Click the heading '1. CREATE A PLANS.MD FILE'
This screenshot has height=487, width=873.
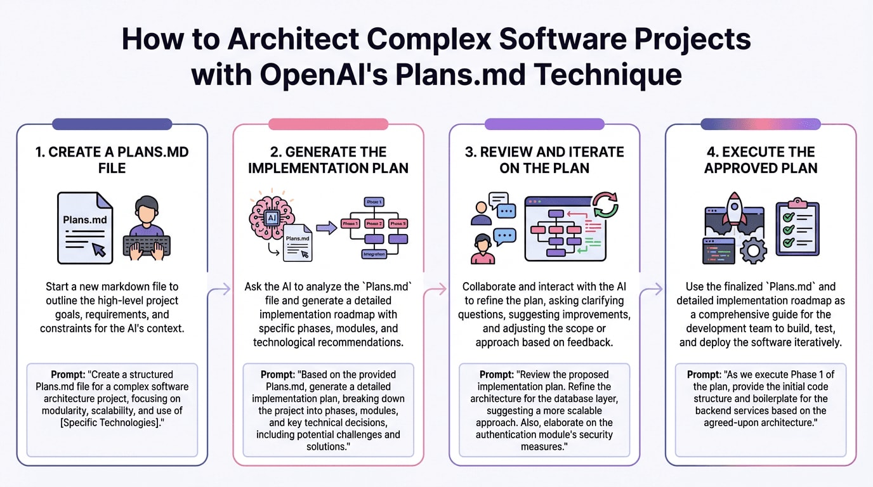pyautogui.click(x=112, y=160)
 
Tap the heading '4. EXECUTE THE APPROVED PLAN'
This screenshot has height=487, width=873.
pyautogui.click(x=761, y=160)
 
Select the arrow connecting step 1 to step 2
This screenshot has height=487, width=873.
pyautogui.click(x=220, y=290)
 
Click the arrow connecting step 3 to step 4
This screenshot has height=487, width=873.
pyautogui.click(x=652, y=290)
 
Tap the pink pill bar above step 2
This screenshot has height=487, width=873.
pyautogui.click(x=328, y=124)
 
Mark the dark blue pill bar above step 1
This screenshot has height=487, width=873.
pyautogui.click(x=112, y=124)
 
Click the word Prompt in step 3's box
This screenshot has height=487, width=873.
pyautogui.click(x=500, y=374)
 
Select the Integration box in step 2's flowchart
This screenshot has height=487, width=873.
pyautogui.click(x=374, y=254)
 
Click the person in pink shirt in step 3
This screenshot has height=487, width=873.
pyautogui.click(x=483, y=249)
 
